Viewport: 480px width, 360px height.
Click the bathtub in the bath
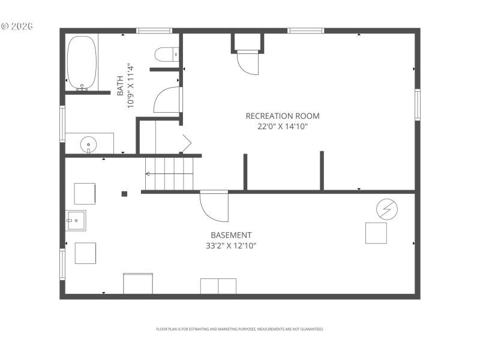point(82,62)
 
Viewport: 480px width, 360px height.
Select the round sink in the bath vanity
point(89,144)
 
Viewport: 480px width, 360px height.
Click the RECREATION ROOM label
point(283,116)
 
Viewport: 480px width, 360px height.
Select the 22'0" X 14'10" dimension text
point(283,126)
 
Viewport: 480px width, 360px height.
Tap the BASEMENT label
point(231,235)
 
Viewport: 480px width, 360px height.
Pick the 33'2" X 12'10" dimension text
point(231,245)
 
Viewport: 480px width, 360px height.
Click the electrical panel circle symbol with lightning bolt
point(386,209)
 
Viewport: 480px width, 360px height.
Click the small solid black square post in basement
point(125,194)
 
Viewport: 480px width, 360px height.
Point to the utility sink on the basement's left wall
point(76,221)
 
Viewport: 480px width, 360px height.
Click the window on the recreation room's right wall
point(417,105)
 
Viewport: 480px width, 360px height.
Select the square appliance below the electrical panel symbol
point(376,233)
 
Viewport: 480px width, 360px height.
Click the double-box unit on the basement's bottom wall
point(218,286)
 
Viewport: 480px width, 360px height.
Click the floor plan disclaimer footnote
point(240,329)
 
